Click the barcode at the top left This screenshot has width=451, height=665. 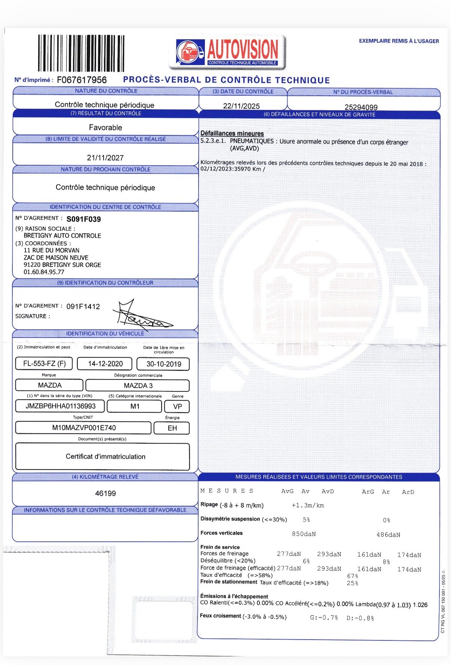(81, 53)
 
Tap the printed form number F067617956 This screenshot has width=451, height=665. (82, 80)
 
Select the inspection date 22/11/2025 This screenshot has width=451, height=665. (241, 106)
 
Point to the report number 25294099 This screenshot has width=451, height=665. (361, 107)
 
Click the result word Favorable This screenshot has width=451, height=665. (105, 127)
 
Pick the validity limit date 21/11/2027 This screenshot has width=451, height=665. (105, 158)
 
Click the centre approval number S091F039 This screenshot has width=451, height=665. (83, 219)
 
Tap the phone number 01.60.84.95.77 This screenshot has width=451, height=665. (44, 272)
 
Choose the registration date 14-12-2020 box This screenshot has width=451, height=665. (105, 364)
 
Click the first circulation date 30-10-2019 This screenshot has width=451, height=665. (163, 364)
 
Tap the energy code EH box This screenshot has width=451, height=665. (172, 428)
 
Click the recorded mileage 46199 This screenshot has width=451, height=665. (105, 493)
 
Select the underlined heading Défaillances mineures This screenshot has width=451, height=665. (232, 133)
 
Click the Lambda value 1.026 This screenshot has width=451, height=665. (420, 605)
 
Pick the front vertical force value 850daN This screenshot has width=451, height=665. (304, 534)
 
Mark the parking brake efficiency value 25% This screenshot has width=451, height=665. (352, 583)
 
